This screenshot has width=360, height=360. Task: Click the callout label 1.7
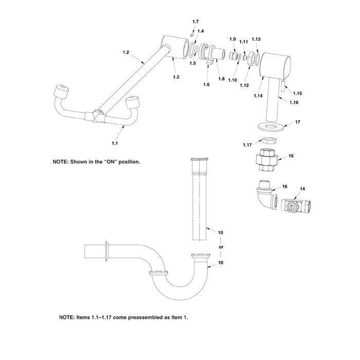pyautogui.click(x=195, y=22)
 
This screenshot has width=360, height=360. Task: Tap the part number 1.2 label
pyautogui.click(x=126, y=52)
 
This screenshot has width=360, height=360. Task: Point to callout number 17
pyautogui.click(x=297, y=122)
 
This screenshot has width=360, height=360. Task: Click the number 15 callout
pyautogui.click(x=291, y=155)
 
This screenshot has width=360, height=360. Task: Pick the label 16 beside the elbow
pyautogui.click(x=284, y=187)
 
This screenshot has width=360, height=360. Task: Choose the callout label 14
pyautogui.click(x=302, y=189)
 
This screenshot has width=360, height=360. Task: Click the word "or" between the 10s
pyautogui.click(x=221, y=247)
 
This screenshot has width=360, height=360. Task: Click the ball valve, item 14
pyautogui.click(x=294, y=207)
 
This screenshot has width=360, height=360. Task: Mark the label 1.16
pyautogui.click(x=294, y=102)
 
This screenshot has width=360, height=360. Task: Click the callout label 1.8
pyautogui.click(x=222, y=79)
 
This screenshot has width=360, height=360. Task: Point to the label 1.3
pyautogui.click(x=176, y=77)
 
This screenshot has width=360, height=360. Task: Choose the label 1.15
pyautogui.click(x=297, y=93)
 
